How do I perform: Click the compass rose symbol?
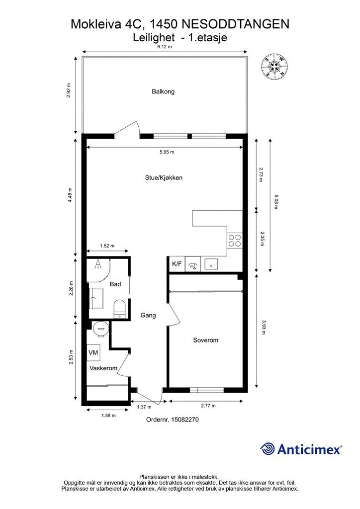[x=274, y=66]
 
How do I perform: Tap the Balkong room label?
[x=163, y=91]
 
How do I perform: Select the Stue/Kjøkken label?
[x=164, y=177]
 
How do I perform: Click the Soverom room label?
[x=205, y=340]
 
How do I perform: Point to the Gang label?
[x=148, y=315]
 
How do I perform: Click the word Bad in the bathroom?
[x=115, y=284]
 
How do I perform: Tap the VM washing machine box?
[x=93, y=353]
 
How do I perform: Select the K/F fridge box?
[x=177, y=264]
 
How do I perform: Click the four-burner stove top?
[x=234, y=241]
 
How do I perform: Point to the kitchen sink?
[x=210, y=264]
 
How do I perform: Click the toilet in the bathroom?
[x=119, y=309]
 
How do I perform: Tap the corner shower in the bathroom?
[x=98, y=270]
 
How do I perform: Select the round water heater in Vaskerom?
[x=100, y=329]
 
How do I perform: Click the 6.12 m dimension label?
[x=164, y=47]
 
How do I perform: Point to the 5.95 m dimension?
[x=167, y=152]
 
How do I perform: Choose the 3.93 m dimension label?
[x=263, y=327]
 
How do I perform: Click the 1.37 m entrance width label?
[x=144, y=407]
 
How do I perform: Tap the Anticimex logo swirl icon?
[x=268, y=449]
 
